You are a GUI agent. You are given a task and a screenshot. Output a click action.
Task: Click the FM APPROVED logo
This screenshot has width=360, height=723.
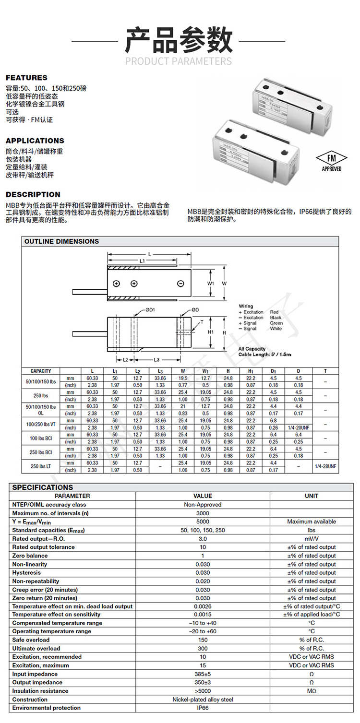[331, 162]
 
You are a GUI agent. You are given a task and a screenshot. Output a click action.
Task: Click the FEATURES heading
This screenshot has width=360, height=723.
[26, 78]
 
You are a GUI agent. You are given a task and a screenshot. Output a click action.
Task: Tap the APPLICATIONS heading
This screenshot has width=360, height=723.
[35, 141]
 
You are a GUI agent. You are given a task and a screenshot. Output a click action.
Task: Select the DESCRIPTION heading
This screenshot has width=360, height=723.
[33, 194]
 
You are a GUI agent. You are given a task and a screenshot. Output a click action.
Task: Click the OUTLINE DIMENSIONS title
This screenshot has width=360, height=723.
[61, 241]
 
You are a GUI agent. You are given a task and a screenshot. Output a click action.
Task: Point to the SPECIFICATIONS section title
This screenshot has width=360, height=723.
[43, 487]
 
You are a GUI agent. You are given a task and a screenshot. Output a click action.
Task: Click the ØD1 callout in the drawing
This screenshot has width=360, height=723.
[150, 310]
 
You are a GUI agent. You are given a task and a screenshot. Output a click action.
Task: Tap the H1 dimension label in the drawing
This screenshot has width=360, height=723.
[210, 332]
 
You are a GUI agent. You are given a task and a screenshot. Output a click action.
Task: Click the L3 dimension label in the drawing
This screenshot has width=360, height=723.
[157, 359]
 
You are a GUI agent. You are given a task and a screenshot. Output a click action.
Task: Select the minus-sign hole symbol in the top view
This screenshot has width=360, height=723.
[180, 284]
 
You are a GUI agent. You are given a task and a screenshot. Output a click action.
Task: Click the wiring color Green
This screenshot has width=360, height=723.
[276, 323]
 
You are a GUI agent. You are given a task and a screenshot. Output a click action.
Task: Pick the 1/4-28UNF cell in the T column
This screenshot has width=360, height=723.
[326, 466]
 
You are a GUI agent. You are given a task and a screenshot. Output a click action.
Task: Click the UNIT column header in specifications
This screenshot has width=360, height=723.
[312, 496]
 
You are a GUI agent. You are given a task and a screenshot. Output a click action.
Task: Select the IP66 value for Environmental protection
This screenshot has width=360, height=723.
[203, 708]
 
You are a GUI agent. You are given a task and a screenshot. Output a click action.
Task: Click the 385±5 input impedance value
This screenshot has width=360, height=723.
[203, 674]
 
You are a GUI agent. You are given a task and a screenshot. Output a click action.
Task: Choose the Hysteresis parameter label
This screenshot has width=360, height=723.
[26, 572]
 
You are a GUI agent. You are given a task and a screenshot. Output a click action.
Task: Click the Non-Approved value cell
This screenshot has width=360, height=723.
[203, 505]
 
